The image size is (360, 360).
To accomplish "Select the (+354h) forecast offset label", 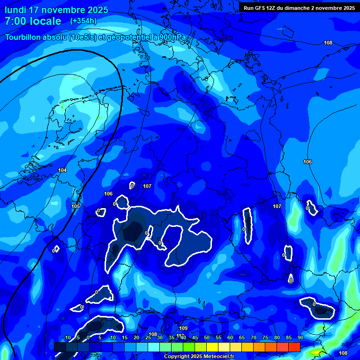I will point(83,21).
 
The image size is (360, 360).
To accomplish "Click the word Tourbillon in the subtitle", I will point(24,37).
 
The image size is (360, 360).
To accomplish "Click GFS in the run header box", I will point(262,8).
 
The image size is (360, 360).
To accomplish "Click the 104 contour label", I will point(62,170).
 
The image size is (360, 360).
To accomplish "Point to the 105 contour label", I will point(75,206).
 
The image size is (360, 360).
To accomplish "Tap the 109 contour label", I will point(183,328).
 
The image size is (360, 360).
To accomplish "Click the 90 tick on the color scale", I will point(300,337).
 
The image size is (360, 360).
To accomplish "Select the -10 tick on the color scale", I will point(67,337).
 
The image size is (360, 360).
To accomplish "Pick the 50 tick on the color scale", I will point(207,337).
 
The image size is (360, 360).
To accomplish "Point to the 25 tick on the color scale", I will point(148,337).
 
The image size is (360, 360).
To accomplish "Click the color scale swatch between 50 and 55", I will point(212,347).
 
